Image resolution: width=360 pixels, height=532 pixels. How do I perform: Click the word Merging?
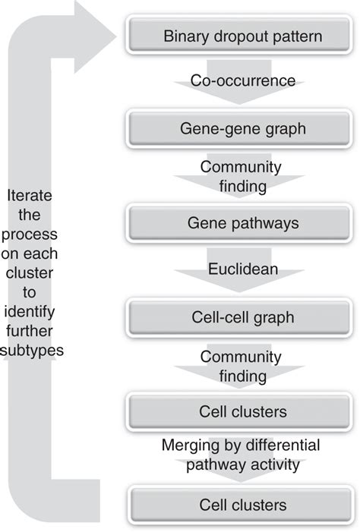188,445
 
